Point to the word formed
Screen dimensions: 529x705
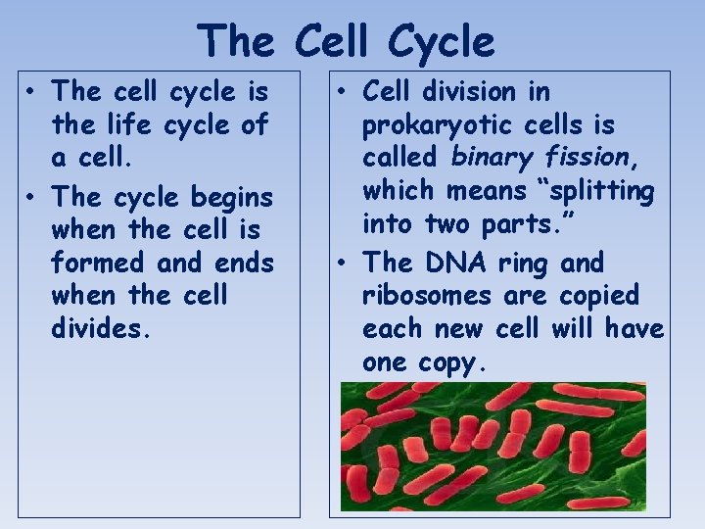click(x=98, y=263)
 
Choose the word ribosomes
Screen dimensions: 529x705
click(x=433, y=295)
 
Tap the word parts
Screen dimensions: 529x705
click(x=531, y=224)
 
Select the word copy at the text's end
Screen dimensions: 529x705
click(x=451, y=362)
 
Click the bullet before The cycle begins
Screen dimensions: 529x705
click(x=32, y=197)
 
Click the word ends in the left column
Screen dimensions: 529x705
click(x=242, y=263)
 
